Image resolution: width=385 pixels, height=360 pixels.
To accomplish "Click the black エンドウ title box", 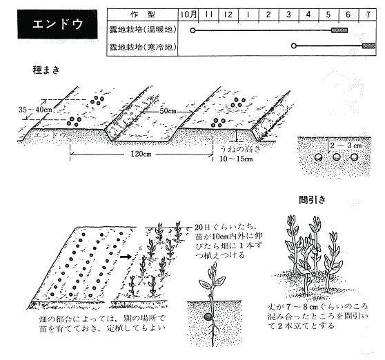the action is pos(57,24).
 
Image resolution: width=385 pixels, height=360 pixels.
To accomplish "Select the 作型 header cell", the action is pos(143,14).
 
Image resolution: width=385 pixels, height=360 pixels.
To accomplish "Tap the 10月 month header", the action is pos(188,14).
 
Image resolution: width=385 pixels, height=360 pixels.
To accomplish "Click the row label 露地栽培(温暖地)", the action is pos(143,30).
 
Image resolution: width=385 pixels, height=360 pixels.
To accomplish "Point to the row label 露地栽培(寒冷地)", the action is pos(143,47).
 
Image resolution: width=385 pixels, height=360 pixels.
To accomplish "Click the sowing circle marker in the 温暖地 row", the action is pos(192,30).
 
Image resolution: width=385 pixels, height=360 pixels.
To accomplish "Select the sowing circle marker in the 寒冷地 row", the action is pos(294,46).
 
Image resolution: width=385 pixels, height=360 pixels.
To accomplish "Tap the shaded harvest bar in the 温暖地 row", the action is pos(339,30).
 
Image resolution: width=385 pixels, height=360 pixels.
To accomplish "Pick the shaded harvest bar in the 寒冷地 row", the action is pos(369,46).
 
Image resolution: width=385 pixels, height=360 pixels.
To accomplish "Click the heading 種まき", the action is pos(46,70).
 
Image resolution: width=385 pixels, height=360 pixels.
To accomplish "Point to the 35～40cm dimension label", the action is pos(36,110).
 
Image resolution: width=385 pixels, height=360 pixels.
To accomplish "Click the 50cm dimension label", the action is pos(168,111).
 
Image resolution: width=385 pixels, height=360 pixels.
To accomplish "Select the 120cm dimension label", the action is pos(141,154).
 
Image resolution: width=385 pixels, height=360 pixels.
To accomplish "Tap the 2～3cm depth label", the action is pos(346,146).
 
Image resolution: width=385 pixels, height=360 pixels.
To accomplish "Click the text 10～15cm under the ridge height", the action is pos(236,159).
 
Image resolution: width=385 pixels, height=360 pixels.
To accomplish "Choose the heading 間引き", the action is pos(312,200).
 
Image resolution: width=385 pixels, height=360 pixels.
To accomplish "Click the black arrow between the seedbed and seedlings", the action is pos(126,257).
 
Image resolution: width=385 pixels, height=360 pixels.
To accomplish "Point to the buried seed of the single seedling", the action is pos(208,317).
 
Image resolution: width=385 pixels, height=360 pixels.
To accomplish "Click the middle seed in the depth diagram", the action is pos(337,157).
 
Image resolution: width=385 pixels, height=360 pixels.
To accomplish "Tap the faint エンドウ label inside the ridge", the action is pos(50,135).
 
